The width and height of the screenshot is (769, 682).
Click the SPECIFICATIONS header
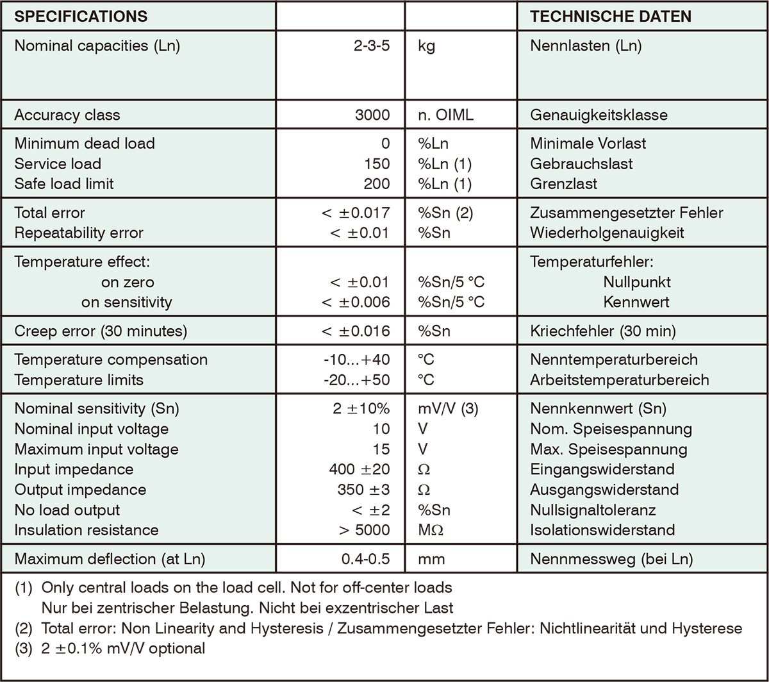pos(81,16)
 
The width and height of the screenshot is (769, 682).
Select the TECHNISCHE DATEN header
pos(611,16)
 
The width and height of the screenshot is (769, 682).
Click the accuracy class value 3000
pos(372,115)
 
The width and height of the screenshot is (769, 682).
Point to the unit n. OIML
pos(446,115)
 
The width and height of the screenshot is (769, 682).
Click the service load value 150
pos(376,163)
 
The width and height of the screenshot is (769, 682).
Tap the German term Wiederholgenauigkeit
pos(607,233)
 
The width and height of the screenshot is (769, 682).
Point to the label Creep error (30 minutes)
pos(101,331)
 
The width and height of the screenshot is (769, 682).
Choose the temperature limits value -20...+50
pos(356,379)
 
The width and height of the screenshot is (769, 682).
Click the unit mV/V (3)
pos(448,408)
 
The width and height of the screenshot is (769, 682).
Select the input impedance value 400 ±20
pos(358,469)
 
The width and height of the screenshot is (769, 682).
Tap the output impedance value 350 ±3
pos(363,490)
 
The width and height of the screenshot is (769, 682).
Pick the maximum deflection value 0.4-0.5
pos(365,559)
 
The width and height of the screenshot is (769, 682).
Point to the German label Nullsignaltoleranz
pos(593,510)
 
